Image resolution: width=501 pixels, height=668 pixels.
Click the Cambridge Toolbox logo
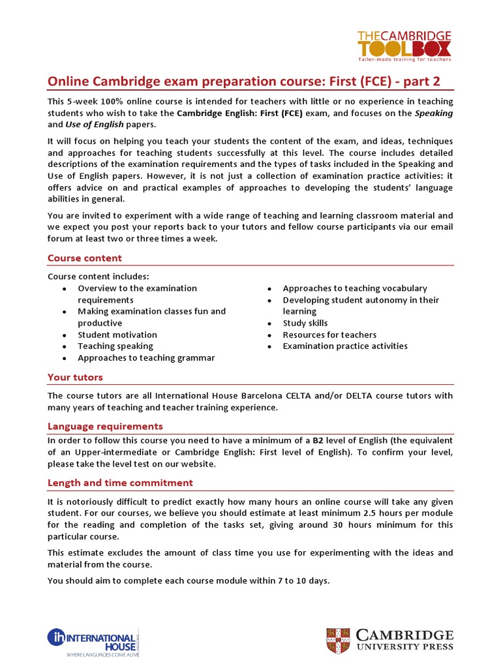403,45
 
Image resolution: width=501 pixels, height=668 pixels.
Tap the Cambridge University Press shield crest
339,641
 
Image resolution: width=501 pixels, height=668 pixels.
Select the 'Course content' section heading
84,258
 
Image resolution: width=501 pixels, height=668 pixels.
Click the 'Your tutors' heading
75,377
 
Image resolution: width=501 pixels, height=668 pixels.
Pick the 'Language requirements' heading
105,426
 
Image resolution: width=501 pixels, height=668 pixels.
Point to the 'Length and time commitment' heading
120,483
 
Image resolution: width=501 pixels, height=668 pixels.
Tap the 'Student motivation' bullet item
117,335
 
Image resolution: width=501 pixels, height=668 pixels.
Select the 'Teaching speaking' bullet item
115,346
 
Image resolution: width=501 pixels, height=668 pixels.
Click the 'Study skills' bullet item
305,323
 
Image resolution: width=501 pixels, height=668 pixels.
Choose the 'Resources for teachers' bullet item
329,335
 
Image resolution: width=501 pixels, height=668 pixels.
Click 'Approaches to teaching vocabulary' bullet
354,288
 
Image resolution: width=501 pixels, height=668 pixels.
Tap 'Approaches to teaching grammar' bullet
145,358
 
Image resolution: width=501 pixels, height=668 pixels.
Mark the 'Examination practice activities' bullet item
344,346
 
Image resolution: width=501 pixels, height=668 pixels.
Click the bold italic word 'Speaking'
434,114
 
